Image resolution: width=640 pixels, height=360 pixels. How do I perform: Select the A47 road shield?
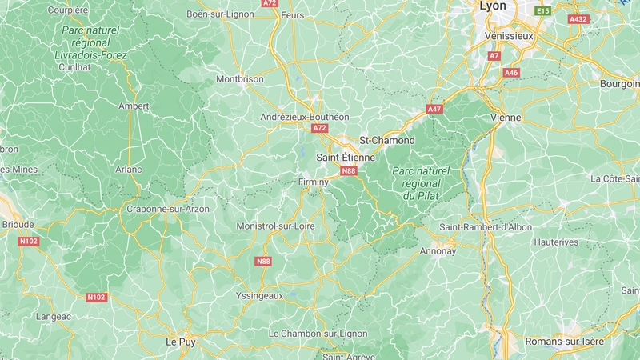[434, 109]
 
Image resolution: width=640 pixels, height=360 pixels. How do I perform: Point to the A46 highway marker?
[511, 73]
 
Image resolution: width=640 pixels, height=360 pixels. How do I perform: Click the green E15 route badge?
[543, 10]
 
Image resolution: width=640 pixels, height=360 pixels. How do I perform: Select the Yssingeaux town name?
[260, 295]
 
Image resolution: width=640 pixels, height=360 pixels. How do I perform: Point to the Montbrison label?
[240, 80]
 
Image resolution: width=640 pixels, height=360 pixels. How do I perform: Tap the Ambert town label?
[134, 106]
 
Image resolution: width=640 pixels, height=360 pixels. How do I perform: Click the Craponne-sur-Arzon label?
[168, 209]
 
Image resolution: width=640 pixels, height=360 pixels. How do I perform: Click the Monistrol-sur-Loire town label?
[276, 226]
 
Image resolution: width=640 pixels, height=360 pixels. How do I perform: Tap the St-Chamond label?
[387, 141]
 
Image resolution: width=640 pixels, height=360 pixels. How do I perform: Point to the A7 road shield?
[494, 56]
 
